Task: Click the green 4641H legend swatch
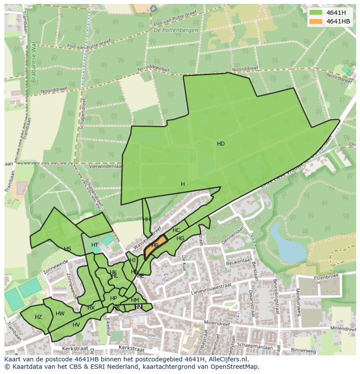click(x=316, y=13)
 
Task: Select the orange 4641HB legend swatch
click(x=316, y=21)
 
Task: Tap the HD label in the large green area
click(x=221, y=144)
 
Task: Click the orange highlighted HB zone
click(x=155, y=246)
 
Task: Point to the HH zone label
click(x=147, y=219)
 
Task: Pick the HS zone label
click(x=67, y=249)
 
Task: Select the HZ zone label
click(x=38, y=317)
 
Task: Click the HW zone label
click(x=60, y=314)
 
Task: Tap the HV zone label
click(x=76, y=325)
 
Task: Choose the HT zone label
click(x=95, y=245)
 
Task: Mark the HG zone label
click(x=180, y=238)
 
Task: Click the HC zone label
click(x=176, y=230)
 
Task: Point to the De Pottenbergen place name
click(x=176, y=30)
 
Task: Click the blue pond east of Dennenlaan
click(x=283, y=243)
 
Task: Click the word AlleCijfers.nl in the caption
click(x=227, y=360)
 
